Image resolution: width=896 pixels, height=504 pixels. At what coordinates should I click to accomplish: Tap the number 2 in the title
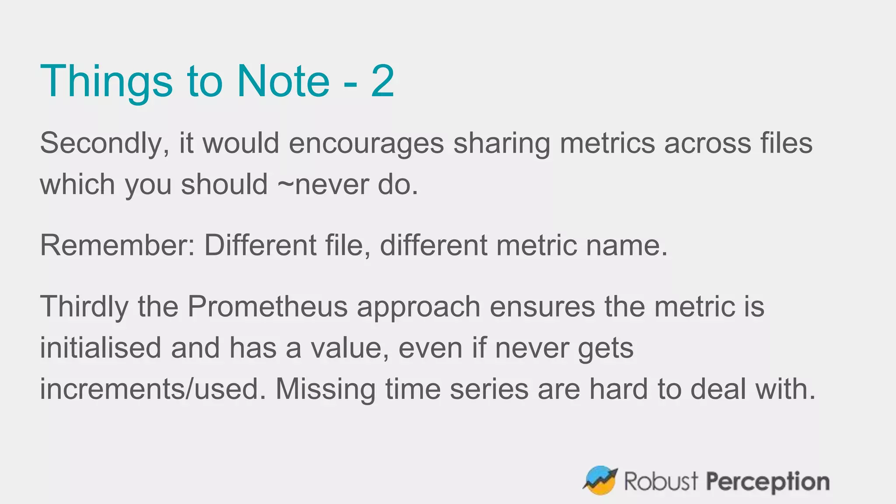pos(382,81)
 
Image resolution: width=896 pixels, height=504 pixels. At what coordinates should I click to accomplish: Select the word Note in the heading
pos(283,81)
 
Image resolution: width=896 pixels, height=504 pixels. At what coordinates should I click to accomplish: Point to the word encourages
pos(366,143)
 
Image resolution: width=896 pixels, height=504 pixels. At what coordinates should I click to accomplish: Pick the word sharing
pos(501,143)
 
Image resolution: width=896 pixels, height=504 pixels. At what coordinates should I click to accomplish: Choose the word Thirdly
pos(84,306)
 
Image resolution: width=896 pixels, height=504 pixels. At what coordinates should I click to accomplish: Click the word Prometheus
pos(267,306)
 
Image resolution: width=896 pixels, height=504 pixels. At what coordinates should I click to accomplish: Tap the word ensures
pos(542,306)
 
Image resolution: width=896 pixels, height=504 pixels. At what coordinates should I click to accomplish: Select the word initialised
pos(101,348)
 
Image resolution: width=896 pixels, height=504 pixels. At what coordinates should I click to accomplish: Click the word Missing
pos(325,389)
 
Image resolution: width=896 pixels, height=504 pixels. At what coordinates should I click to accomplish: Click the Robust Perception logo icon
pos(600,480)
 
